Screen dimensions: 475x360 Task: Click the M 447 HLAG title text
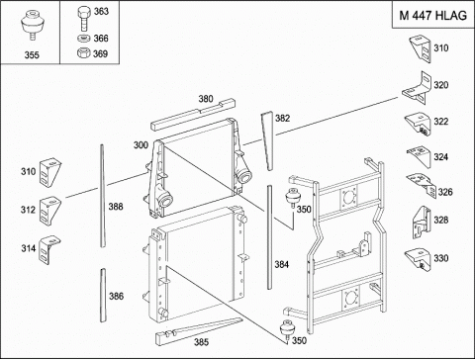(x=432, y=15)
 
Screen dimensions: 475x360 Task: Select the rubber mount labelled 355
(x=32, y=26)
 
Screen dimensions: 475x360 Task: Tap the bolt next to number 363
(x=84, y=19)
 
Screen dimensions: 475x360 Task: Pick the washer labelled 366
(x=84, y=39)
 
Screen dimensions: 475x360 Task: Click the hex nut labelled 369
(x=84, y=52)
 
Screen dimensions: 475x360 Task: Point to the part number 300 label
(x=141, y=145)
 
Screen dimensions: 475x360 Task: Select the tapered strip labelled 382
(x=267, y=140)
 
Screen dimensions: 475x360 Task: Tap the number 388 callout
(x=116, y=207)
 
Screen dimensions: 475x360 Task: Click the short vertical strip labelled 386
(x=103, y=295)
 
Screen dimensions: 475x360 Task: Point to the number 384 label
(x=282, y=264)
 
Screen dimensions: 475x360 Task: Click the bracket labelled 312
(x=49, y=211)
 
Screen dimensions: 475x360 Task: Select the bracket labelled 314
(x=49, y=249)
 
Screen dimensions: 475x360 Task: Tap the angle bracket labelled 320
(x=418, y=88)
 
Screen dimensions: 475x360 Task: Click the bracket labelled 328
(x=422, y=223)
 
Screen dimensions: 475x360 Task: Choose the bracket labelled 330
(x=419, y=259)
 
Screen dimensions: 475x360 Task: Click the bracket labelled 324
(x=420, y=156)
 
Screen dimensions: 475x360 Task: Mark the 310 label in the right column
(x=441, y=48)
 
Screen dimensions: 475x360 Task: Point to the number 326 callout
(x=445, y=192)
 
